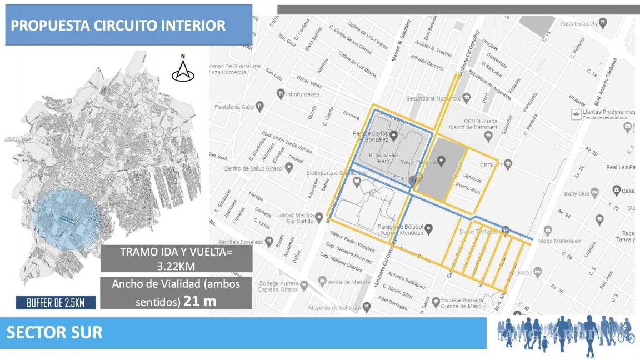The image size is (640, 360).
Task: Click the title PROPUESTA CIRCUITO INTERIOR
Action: (x=118, y=26)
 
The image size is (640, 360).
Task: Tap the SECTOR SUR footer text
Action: (x=54, y=333)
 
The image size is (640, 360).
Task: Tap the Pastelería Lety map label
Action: (x=579, y=24)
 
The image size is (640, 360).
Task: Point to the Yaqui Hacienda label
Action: (x=416, y=161)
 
